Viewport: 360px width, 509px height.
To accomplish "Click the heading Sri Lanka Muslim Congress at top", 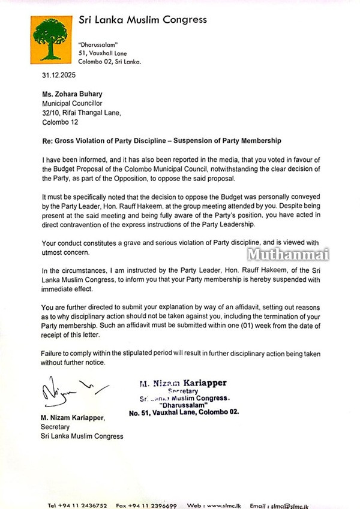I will (x=143, y=20).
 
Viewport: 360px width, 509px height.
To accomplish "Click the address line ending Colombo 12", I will (x=60, y=122).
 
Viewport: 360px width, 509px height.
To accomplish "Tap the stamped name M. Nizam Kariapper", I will (x=184, y=382).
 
